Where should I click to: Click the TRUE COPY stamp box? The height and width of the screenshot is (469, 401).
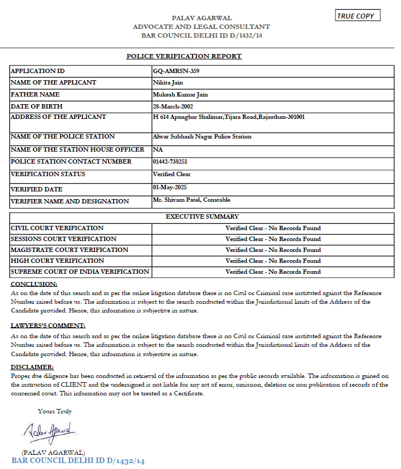click(x=358, y=16)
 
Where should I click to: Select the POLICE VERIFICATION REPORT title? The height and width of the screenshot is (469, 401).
click(x=184, y=56)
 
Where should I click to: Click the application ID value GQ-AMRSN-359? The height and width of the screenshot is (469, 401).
click(x=172, y=71)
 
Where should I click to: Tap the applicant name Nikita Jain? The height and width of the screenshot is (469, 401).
click(x=167, y=82)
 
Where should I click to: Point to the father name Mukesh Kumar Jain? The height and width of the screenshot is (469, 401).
click(x=180, y=94)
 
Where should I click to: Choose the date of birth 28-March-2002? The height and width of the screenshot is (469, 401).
click(x=173, y=106)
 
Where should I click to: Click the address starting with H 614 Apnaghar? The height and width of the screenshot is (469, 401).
click(x=229, y=117)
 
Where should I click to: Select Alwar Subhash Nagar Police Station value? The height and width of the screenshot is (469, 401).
click(x=202, y=136)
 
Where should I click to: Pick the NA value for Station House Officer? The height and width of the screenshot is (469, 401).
click(x=158, y=149)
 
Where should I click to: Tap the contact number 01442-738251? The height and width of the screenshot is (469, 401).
click(x=170, y=161)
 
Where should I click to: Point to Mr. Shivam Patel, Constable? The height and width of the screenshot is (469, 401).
click(x=191, y=200)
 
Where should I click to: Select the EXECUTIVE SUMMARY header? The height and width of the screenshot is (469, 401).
click(x=202, y=217)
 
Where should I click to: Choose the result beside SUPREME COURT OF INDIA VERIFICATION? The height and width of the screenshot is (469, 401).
click(x=273, y=272)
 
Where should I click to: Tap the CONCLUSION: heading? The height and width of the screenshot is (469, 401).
click(x=34, y=284)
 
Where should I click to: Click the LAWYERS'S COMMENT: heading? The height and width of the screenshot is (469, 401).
click(x=48, y=326)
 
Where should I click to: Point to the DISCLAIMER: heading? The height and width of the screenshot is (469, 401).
click(x=32, y=367)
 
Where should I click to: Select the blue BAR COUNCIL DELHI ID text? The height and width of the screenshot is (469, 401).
click(x=78, y=461)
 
